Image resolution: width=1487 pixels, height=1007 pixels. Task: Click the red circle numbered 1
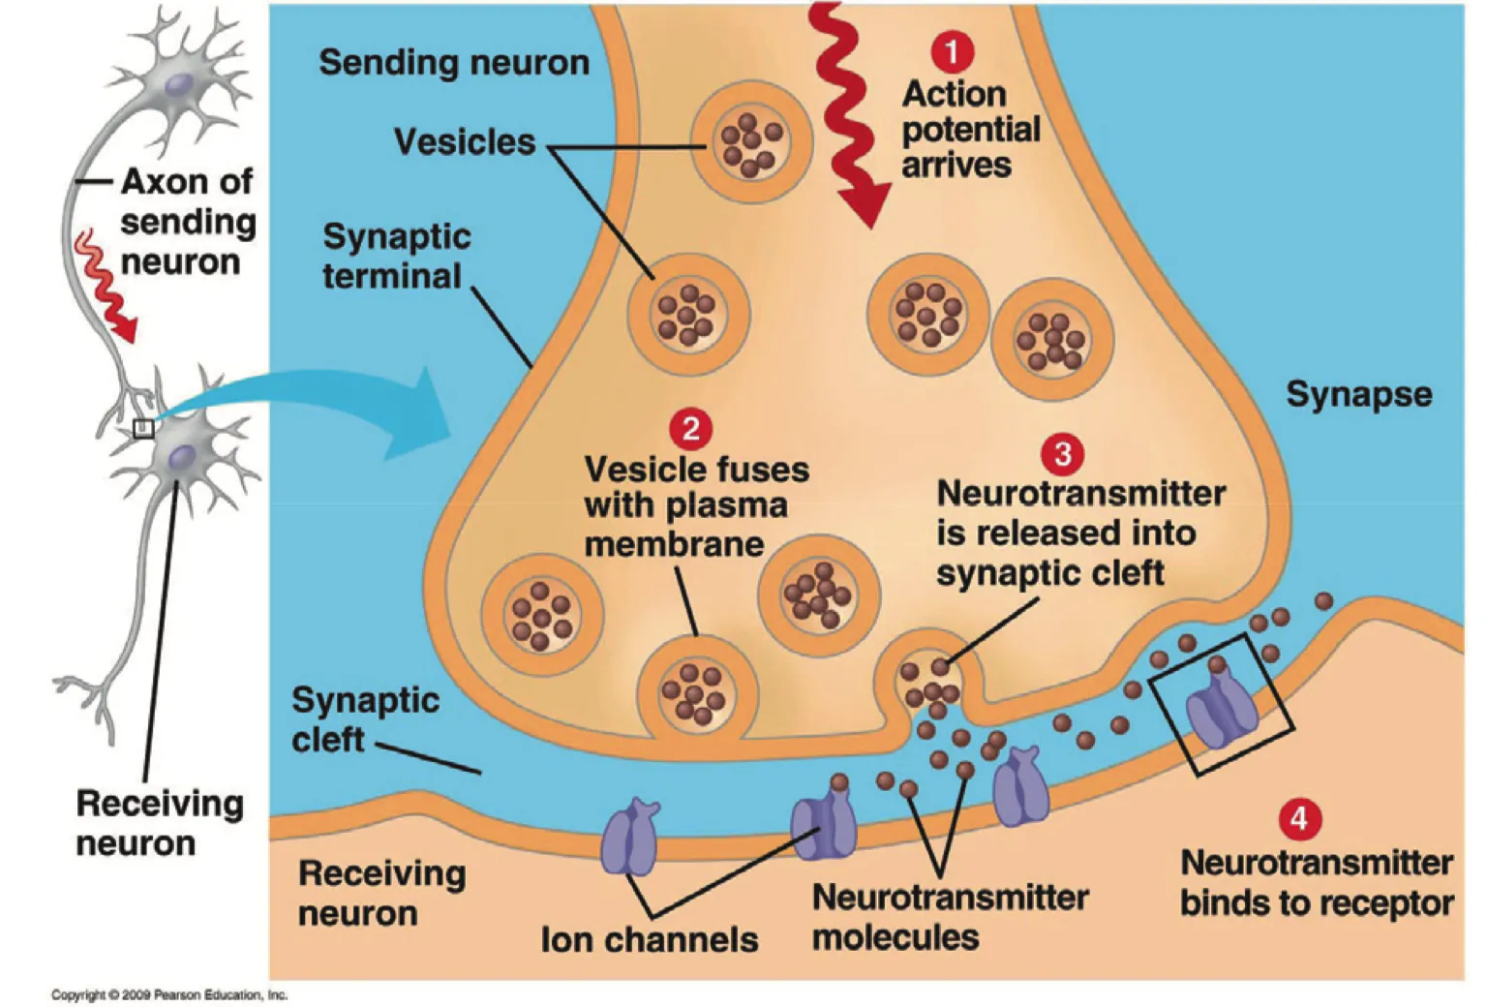pos(952,51)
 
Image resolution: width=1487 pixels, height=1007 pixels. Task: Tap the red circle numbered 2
pos(690,429)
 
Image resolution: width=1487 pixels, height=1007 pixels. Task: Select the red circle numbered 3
pos(1062,453)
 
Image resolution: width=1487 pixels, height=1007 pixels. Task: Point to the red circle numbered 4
pos(1298,819)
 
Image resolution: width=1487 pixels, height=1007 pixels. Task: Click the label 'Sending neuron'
pos(454,63)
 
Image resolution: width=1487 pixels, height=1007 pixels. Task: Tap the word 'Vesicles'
pos(465,142)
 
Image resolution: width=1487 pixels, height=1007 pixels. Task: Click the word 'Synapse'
pos(1358,394)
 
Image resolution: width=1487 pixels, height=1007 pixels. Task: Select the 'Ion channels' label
pos(649,939)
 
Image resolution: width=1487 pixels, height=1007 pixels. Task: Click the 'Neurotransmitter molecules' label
pos(949,917)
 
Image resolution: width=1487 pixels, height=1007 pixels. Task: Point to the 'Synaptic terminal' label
pos(397,257)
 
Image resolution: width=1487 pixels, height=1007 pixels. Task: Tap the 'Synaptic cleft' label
pos(365,719)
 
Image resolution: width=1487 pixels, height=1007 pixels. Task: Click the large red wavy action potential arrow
pos(844,116)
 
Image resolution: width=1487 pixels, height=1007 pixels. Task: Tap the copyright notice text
pos(169,994)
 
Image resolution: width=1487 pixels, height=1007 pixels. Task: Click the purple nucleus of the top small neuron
pos(177,86)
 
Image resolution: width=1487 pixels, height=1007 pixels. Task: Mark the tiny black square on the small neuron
pos(143,428)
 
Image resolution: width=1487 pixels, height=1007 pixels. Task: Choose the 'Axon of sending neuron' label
pos(187,222)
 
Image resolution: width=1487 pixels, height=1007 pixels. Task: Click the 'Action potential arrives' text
pos(970,130)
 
